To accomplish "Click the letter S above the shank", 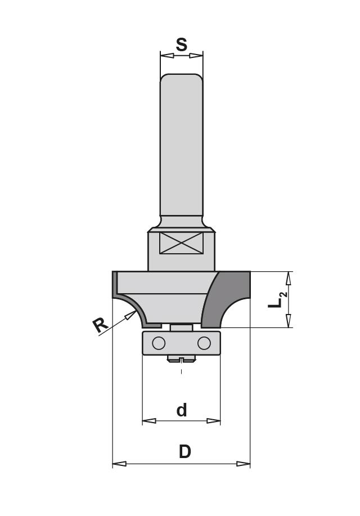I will [x=181, y=44].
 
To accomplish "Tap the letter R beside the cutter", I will [x=100, y=325].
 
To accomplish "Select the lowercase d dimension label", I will [x=181, y=410].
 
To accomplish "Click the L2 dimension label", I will [x=277, y=299].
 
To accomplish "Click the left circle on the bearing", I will [x=159, y=342].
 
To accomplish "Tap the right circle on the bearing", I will [x=204, y=342].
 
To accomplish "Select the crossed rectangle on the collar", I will [x=181, y=243].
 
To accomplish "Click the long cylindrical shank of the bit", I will [x=181, y=146].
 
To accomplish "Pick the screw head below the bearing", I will [x=181, y=358].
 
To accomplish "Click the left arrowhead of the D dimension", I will [x=119, y=464].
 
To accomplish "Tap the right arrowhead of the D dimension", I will [x=244, y=464].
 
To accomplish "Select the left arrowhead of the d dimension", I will [x=148, y=420].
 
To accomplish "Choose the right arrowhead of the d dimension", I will [x=214, y=420].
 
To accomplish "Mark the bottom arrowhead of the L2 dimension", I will [x=289, y=321].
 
